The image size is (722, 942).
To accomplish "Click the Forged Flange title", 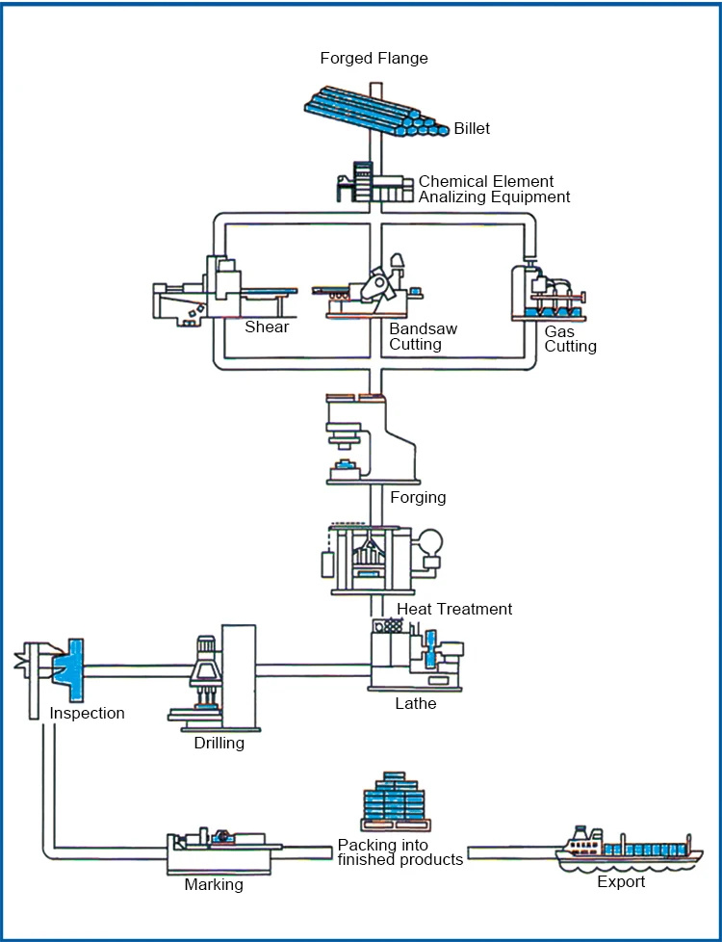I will [374, 59].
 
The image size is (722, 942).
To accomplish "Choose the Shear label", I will [267, 327].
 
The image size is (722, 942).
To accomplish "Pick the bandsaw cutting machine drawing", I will [371, 289].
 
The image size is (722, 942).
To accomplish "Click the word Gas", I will [559, 331].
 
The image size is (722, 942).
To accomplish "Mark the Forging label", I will [418, 498].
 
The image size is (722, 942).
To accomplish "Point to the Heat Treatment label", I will [454, 609].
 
